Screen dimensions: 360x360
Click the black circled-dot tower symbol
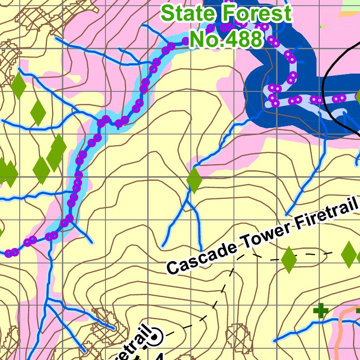click(156, 335)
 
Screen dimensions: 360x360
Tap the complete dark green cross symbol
click(321, 310)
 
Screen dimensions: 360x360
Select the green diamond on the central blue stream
click(194, 180)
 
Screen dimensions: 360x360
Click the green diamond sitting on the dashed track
click(289, 259)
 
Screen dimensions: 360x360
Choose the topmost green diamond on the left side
click(18, 85)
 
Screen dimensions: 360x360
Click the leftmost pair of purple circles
click(12, 253)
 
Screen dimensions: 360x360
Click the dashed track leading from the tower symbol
click(220, 291)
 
